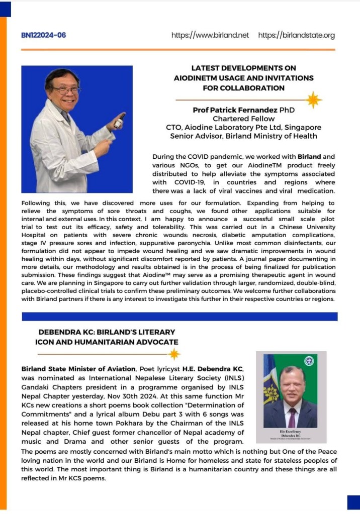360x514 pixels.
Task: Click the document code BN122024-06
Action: click(x=44, y=35)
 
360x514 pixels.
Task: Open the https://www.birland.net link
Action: click(x=210, y=35)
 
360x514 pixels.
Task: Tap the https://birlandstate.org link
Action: click(x=296, y=35)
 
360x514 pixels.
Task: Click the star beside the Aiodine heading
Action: click(x=314, y=100)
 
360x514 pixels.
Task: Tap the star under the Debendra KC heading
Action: click(x=174, y=354)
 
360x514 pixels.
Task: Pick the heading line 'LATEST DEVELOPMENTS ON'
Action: click(x=243, y=68)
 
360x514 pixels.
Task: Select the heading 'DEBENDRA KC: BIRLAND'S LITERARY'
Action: click(x=107, y=332)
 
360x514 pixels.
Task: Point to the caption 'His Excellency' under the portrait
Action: click(x=291, y=432)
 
